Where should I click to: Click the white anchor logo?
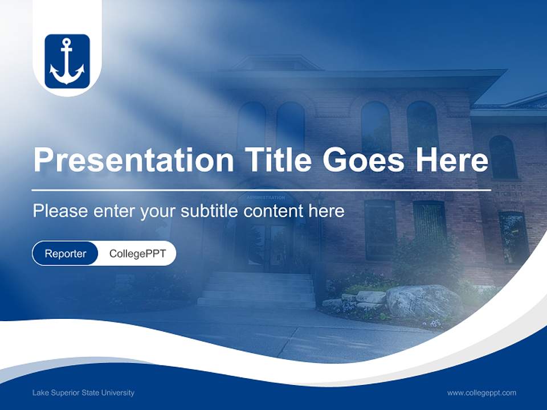67,61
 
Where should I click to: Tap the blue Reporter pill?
65,254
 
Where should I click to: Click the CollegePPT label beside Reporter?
137,254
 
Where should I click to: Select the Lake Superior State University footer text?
83,393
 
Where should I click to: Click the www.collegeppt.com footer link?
481,393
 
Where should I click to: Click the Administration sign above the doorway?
266,198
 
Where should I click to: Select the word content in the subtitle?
274,211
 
